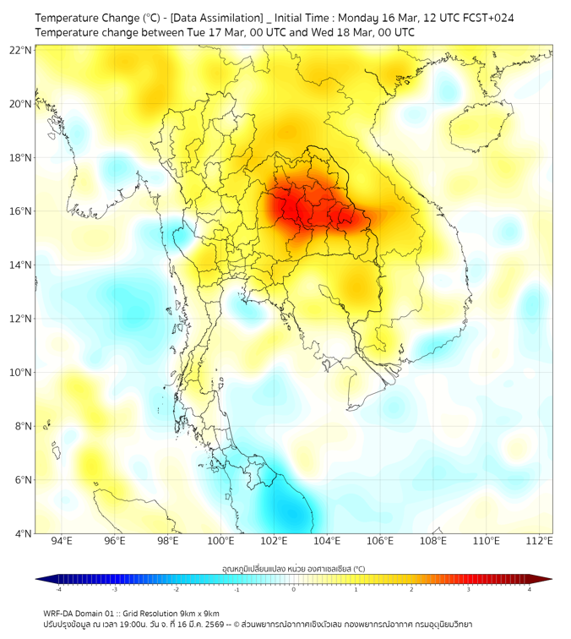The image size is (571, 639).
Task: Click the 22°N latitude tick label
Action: pyautogui.click(x=20, y=50)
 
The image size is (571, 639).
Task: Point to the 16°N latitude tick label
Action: pyautogui.click(x=20, y=211)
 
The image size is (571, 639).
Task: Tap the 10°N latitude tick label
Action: pyautogui.click(x=20, y=372)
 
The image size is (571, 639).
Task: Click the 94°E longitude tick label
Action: pyautogui.click(x=62, y=541)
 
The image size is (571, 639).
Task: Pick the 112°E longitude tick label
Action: pyautogui.click(x=539, y=541)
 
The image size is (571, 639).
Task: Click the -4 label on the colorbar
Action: pyautogui.click(x=57, y=589)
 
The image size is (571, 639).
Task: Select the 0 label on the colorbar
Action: pyautogui.click(x=294, y=589)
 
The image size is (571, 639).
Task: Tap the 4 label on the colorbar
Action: pyautogui.click(x=530, y=589)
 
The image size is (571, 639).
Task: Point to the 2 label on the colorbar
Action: pyautogui.click(x=412, y=589)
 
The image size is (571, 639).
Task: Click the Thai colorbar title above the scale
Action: pyautogui.click(x=293, y=568)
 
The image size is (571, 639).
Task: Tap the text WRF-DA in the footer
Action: pyautogui.click(x=60, y=613)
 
